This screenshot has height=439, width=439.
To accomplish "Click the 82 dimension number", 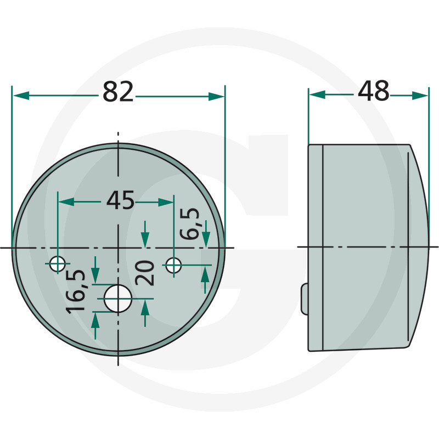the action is [118, 92].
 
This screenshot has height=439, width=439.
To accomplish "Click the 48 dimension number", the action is [374, 91].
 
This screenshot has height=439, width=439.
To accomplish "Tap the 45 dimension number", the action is [120, 200].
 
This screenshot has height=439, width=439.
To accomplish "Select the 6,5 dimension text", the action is [190, 224].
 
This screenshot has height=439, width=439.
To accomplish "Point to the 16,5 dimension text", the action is [76, 291].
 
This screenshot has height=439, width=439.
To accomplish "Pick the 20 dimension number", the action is [144, 273].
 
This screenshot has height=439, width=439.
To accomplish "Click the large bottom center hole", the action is [118, 299].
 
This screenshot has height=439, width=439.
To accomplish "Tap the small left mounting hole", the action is [58, 264].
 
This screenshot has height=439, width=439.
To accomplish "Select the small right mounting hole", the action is [173, 265].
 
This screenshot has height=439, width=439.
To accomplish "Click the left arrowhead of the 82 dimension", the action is [21, 95].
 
